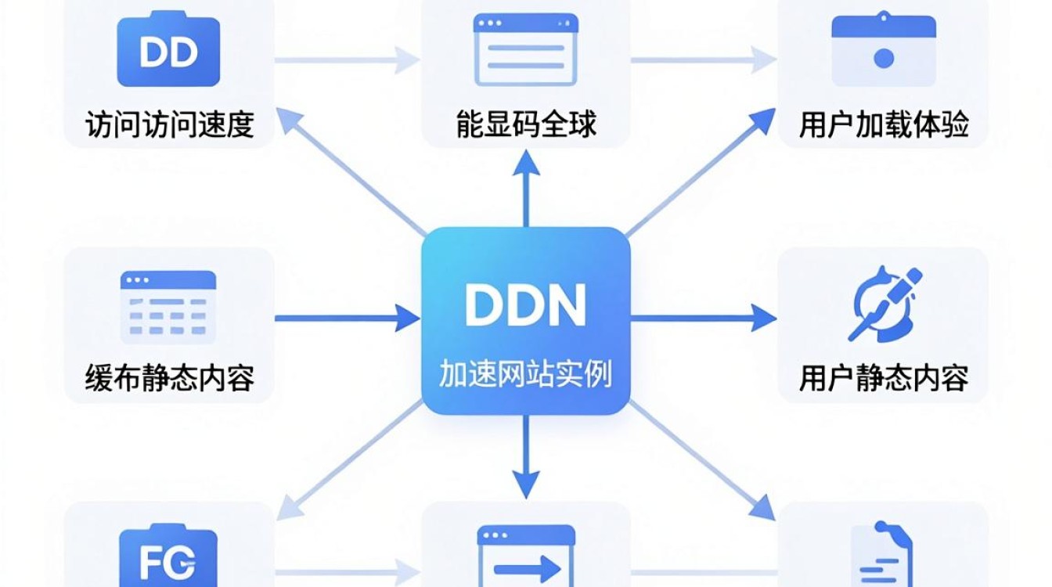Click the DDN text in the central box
pyautogui.click(x=525, y=304)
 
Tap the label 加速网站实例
pyautogui.click(x=525, y=374)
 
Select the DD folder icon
pyautogui.click(x=168, y=49)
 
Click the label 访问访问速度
pyautogui.click(x=170, y=124)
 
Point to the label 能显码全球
pyautogui.click(x=526, y=124)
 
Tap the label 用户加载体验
pyautogui.click(x=884, y=124)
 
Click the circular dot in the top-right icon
pyautogui.click(x=884, y=59)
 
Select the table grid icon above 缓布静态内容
pyautogui.click(x=168, y=307)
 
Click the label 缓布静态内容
pyautogui.click(x=170, y=378)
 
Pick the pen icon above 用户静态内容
pyautogui.click(x=884, y=304)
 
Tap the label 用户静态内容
pyautogui.click(x=884, y=378)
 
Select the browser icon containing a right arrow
pyautogui.click(x=526, y=556)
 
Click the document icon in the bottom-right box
pyautogui.click(x=881, y=554)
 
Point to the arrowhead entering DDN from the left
pyautogui.click(x=407, y=318)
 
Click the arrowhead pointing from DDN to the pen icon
pyautogui.click(x=763, y=318)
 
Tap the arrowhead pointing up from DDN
pyautogui.click(x=525, y=163)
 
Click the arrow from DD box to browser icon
pyautogui.click(x=348, y=60)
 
